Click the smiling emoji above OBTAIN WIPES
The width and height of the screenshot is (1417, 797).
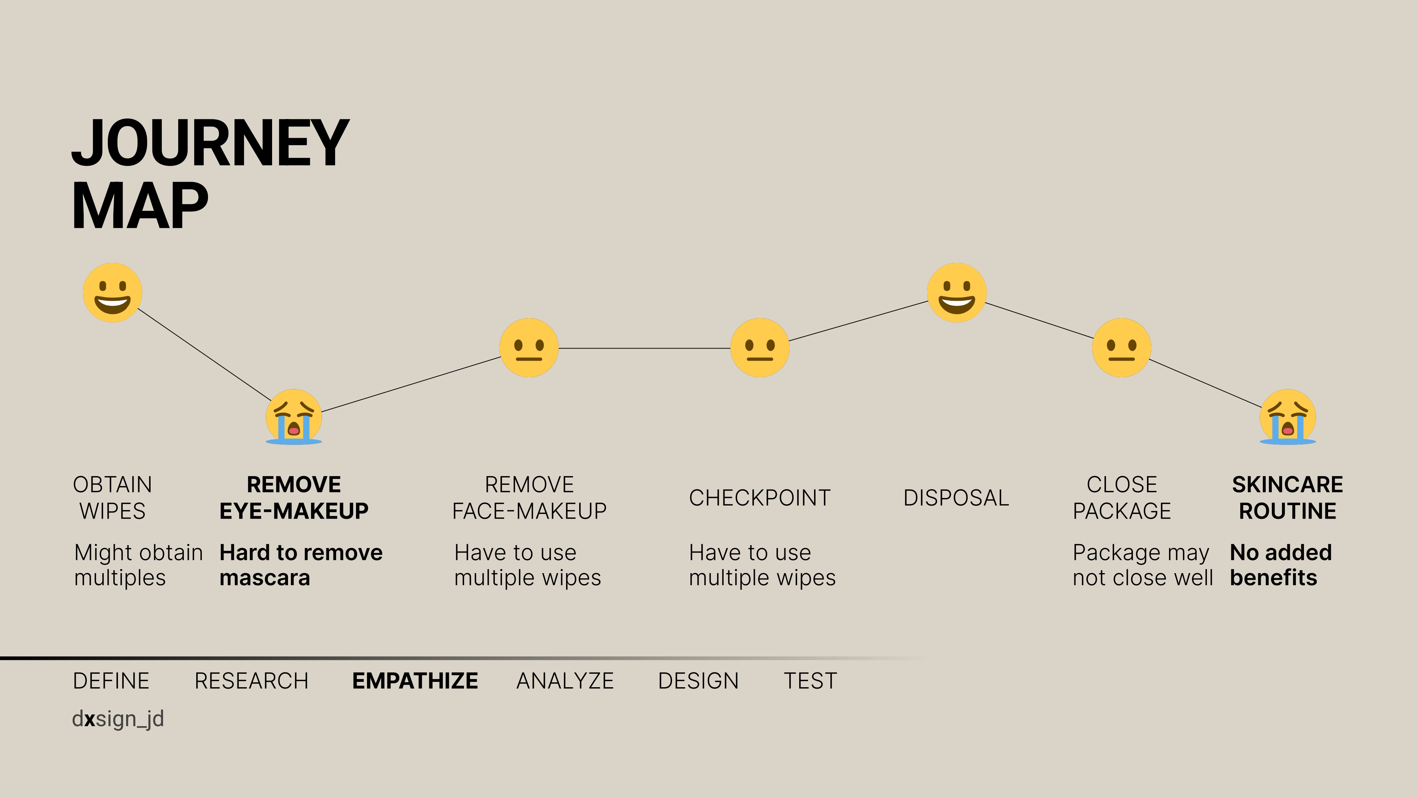point(112,293)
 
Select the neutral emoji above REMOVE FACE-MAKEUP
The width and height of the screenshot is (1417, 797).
point(529,347)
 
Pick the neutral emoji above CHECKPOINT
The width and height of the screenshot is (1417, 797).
point(760,347)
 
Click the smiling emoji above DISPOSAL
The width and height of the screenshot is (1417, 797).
point(956,293)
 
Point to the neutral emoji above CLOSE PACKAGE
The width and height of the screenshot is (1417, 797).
point(1122,347)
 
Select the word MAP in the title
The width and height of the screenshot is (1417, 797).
point(140,206)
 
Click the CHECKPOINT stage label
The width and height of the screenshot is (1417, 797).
point(760,498)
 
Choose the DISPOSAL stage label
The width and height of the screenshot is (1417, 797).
point(956,498)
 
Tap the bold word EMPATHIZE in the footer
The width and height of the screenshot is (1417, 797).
point(415,681)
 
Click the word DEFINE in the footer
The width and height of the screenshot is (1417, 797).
point(111,681)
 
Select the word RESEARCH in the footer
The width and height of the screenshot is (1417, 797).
point(252,681)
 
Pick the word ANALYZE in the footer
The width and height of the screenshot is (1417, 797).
point(565,681)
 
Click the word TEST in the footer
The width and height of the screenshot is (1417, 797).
point(810,681)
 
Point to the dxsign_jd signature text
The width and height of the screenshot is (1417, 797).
point(118,719)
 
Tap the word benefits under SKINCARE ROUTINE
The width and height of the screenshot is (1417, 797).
point(1274,577)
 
